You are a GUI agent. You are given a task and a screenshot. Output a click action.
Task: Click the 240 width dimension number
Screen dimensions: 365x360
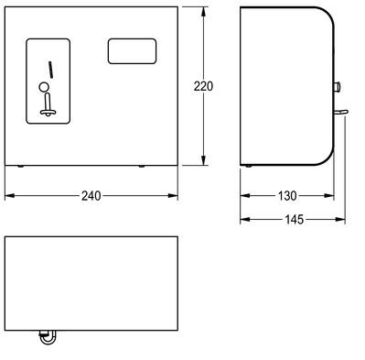click(91, 196)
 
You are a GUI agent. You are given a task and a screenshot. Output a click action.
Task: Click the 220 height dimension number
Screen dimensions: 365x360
click(203, 86)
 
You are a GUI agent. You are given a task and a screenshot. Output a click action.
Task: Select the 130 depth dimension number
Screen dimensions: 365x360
click(287, 196)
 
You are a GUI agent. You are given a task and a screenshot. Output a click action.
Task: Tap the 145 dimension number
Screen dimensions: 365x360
click(295, 219)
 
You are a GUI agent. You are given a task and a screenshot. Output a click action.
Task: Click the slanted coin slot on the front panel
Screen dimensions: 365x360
click(51, 70)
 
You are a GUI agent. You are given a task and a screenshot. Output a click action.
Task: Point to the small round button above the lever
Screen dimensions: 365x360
click(44, 87)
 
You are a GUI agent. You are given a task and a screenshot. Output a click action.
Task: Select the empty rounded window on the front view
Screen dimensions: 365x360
click(132, 51)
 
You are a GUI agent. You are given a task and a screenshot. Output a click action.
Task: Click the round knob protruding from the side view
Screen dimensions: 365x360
click(337, 87)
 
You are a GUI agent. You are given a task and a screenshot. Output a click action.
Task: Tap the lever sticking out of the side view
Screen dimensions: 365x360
click(340, 113)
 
